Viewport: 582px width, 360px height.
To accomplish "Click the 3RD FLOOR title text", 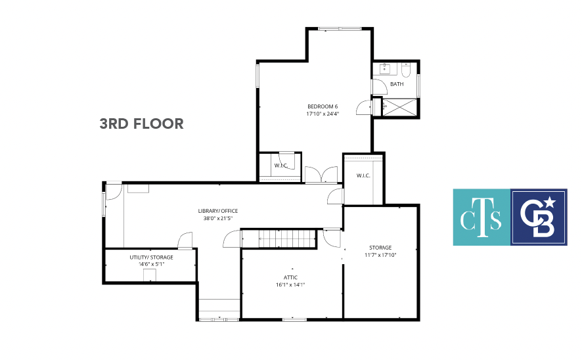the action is coord(141,124).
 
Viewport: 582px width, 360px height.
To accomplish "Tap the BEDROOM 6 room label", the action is coord(323,106).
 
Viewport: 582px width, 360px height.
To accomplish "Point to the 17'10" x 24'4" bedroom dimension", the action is coord(323,114).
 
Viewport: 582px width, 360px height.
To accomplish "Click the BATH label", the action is coord(397,84).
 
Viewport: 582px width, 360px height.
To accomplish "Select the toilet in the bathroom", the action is coord(406,70).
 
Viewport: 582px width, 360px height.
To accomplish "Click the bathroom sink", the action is coord(385,68).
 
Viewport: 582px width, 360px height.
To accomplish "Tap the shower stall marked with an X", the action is coord(399,107).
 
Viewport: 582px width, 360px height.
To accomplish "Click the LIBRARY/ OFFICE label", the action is coord(218,211).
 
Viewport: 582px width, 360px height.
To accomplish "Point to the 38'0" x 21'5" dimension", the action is coord(218,218).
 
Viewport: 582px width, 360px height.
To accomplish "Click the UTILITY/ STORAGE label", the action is coord(152,258).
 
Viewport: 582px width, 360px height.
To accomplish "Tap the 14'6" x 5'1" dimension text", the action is coord(152,264).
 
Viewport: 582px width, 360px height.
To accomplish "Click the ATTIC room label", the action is coord(290,277).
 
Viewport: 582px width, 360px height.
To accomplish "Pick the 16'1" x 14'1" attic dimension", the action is coord(290,284).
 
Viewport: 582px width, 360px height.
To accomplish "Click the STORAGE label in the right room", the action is coord(380,248).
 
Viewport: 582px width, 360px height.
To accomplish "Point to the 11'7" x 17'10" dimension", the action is coord(380,255).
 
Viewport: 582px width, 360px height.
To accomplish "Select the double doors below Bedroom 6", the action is coord(321,175).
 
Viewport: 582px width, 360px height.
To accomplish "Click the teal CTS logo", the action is coord(481,217).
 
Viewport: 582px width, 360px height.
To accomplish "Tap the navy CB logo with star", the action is coord(539,217).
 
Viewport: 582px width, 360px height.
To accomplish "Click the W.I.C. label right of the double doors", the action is coord(363,175).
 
